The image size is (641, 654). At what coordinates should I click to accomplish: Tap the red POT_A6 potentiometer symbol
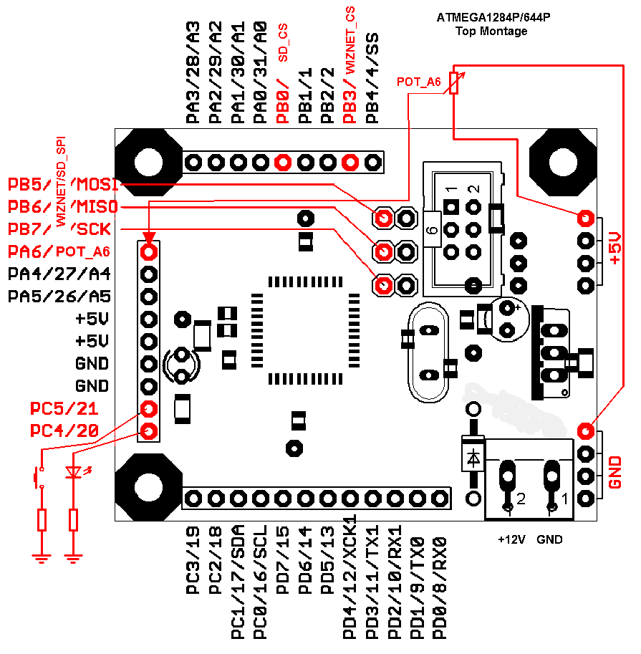(453, 83)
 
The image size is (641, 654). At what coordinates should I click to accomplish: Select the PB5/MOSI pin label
(63, 184)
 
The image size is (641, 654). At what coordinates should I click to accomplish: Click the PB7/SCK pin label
(63, 229)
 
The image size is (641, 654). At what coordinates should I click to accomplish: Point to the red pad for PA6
(149, 251)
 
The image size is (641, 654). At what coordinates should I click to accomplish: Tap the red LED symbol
(73, 473)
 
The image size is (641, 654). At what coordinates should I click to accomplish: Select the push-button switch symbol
(38, 476)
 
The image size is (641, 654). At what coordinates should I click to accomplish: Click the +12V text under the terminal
(511, 539)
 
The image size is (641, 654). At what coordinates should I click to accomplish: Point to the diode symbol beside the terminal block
(473, 456)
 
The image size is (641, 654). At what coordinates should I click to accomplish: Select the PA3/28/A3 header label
(193, 72)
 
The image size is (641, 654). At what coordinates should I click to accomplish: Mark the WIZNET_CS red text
(350, 39)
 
